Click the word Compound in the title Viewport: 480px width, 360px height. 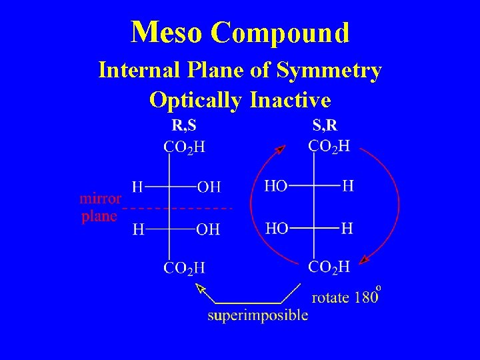tap(281, 32)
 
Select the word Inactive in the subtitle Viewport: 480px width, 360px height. tap(289, 99)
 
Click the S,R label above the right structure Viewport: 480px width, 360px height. tap(325, 125)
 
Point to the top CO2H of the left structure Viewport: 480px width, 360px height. tap(185, 147)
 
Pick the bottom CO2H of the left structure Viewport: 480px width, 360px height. tap(185, 268)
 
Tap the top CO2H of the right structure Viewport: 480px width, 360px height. tap(329, 146)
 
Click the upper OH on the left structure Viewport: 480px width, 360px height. tap(209, 187)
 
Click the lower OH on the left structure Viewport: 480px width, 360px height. tap(209, 230)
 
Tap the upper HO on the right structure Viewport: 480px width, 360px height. tap(277, 186)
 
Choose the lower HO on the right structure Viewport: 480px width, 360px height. tap(277, 229)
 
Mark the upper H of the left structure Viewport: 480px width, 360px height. tap(138, 187)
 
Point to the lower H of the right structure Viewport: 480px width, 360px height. tap(347, 229)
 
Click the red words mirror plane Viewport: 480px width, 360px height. tap(100, 207)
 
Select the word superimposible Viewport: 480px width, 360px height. tap(257, 315)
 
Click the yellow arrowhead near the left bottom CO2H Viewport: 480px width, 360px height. tap(200, 288)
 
